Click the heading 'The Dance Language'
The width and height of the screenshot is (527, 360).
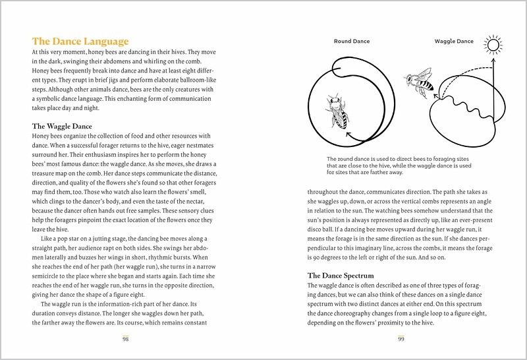click(x=80, y=40)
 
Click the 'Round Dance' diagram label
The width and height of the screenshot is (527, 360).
click(x=352, y=41)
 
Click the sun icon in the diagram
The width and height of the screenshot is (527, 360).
click(x=491, y=45)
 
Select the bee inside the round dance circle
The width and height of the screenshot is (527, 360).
click(x=339, y=111)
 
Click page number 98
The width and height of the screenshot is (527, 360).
click(x=125, y=338)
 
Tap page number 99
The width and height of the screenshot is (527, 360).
click(x=401, y=338)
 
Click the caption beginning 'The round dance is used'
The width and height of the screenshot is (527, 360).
click(x=401, y=165)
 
